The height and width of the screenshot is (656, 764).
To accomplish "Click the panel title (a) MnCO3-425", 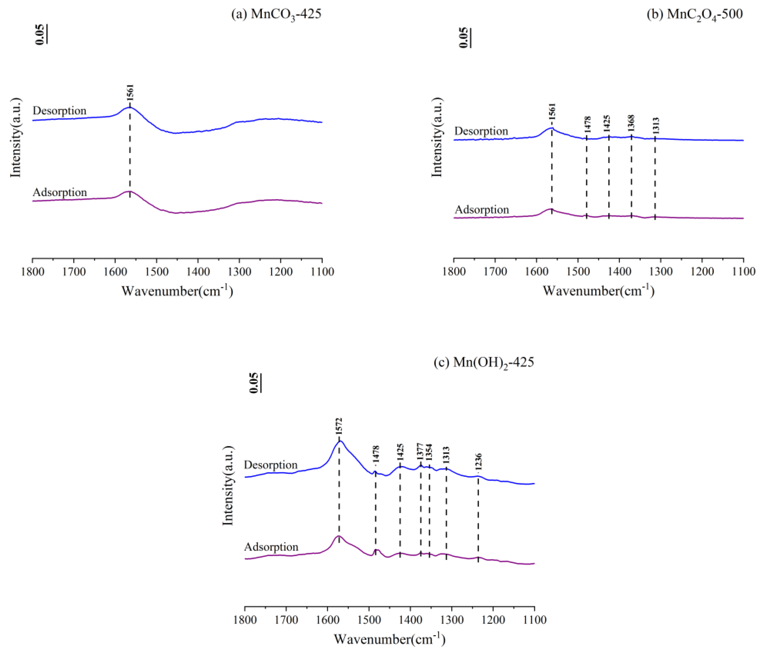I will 276,14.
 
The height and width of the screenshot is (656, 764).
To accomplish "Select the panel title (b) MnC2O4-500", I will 695,14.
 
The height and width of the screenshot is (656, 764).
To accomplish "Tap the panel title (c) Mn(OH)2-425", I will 484,363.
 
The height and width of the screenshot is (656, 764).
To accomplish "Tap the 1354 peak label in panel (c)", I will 429,453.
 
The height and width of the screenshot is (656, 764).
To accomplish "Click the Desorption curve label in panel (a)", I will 59,111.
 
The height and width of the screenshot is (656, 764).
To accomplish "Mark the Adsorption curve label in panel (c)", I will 271,547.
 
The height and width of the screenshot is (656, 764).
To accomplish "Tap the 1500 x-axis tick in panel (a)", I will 157,272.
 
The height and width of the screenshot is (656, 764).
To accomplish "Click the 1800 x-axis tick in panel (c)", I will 245,620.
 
